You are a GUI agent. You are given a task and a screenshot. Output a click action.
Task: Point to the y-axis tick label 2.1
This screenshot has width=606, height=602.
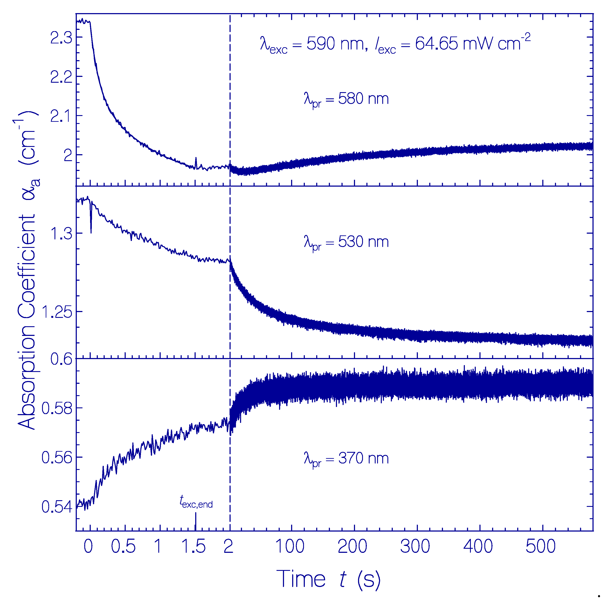point(61,116)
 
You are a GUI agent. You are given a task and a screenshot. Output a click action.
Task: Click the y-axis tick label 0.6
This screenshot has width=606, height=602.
point(61,359)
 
